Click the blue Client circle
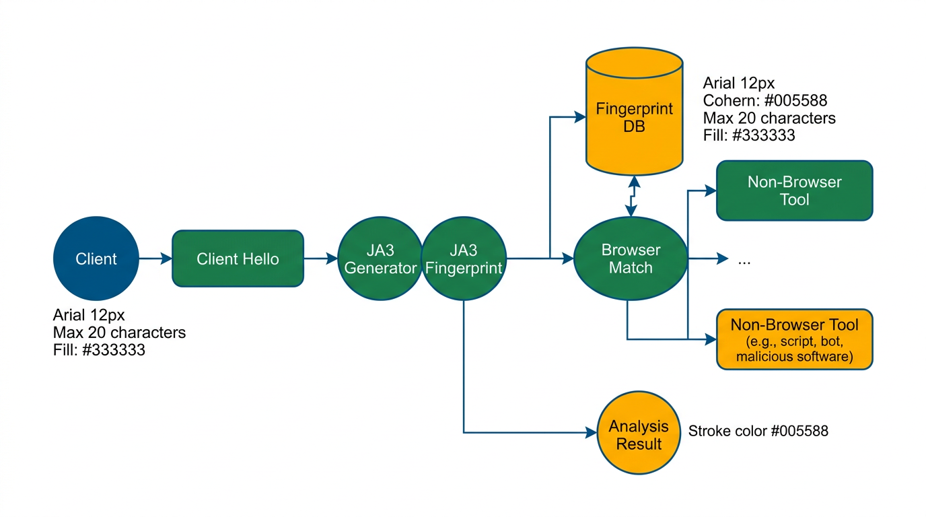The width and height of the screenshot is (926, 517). pyautogui.click(x=96, y=258)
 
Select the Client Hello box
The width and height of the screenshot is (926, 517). pyautogui.click(x=238, y=258)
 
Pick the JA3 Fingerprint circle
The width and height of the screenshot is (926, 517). pyautogui.click(x=463, y=258)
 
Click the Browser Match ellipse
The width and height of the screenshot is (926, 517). pyautogui.click(x=630, y=258)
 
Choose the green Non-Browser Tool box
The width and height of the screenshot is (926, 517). pyautogui.click(x=794, y=191)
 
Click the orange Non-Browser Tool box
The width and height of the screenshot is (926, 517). pyautogui.click(x=794, y=339)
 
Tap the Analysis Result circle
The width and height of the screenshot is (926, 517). pyautogui.click(x=639, y=434)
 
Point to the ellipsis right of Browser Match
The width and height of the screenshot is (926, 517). pyautogui.click(x=744, y=260)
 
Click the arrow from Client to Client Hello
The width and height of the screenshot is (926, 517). pyautogui.click(x=155, y=258)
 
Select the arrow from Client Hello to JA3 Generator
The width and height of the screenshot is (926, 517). pyautogui.click(x=320, y=258)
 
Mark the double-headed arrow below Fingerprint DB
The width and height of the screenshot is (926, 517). pyautogui.click(x=633, y=196)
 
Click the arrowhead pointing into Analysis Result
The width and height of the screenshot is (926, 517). pyautogui.click(x=592, y=433)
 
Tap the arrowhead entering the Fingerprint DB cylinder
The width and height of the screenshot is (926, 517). pyautogui.click(x=580, y=117)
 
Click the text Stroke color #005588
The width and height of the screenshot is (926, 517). pyautogui.click(x=758, y=431)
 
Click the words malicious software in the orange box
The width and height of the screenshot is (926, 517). pyautogui.click(x=794, y=357)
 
